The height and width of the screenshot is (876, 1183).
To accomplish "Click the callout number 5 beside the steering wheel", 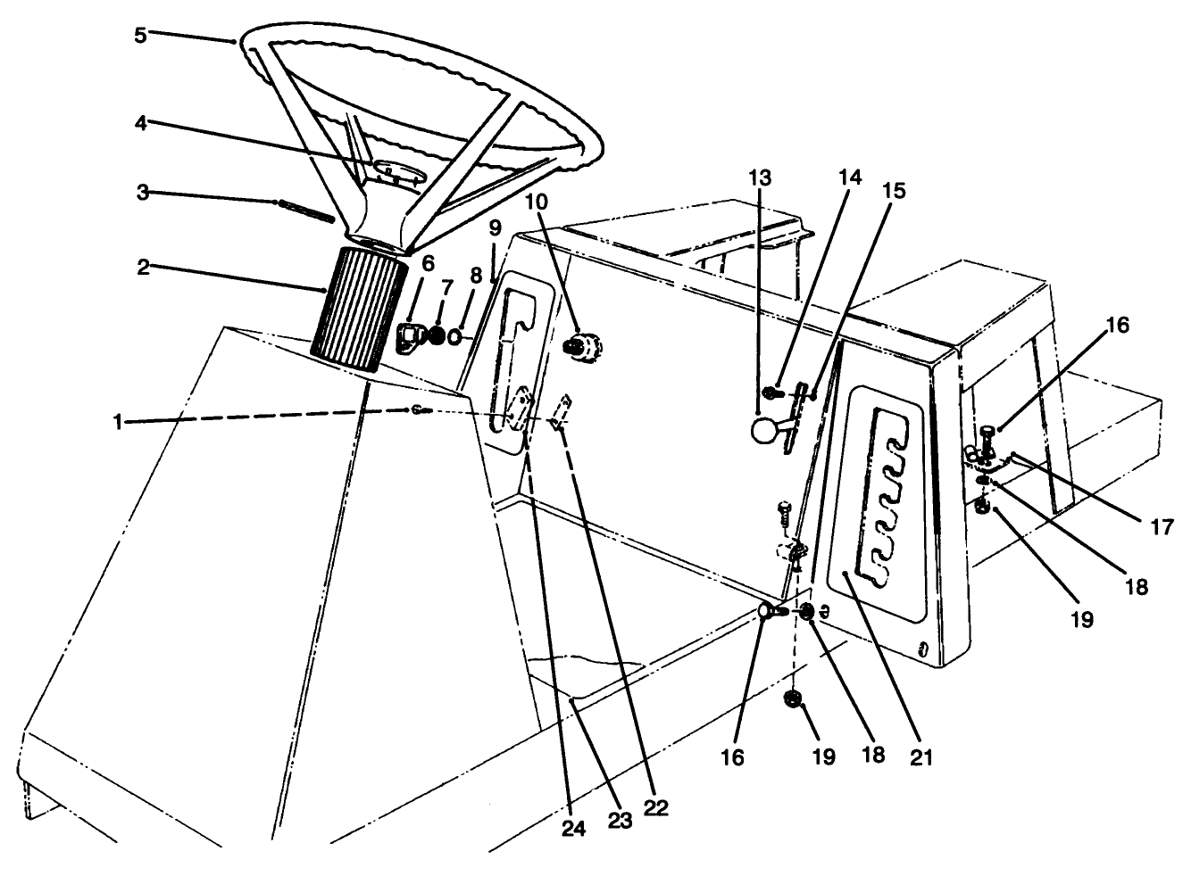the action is pos(140,36).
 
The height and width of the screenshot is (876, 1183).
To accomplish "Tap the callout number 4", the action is pos(140,123).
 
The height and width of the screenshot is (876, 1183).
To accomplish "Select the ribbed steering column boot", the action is pos(358,310).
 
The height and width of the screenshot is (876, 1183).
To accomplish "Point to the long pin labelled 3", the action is pos(305,211).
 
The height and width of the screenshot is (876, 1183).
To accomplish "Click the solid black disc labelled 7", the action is pos(438,335).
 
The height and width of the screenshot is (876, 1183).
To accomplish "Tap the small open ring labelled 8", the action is pos(456,337).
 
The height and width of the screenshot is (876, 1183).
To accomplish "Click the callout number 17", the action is pos(1162,527).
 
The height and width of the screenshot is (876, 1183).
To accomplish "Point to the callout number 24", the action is pos(573,829).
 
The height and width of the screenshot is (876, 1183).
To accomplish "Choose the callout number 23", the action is pos(620,820).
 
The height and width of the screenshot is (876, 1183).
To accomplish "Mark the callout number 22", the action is pos(655,808).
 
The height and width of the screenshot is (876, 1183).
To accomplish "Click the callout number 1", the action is pos(118,423).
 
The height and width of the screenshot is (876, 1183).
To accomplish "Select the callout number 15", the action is pos(895,190).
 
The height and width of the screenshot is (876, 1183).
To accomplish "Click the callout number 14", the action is pos(850,177).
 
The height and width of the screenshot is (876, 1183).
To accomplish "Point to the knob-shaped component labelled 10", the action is pos(583,346).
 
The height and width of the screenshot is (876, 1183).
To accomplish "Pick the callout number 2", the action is pos(143,268).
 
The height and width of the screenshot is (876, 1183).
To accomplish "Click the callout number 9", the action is pos(495,228).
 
